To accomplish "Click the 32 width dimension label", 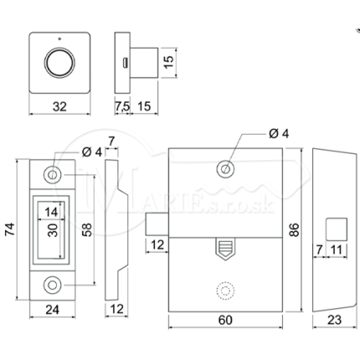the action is [x=59, y=106].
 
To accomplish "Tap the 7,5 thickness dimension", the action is [x=122, y=106].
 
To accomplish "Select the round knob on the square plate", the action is [x=59, y=63].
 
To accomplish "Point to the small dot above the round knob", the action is [x=59, y=39].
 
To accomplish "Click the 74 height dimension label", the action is [x=10, y=229].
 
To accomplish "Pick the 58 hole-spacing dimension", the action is [x=87, y=229].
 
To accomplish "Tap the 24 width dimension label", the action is [x=52, y=310].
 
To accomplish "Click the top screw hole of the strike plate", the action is [x=52, y=175].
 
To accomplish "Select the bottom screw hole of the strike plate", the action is [x=52, y=285].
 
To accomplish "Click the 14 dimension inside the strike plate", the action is [x=51, y=212].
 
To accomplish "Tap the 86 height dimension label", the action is [x=294, y=229].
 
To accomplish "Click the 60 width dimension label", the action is [x=225, y=320].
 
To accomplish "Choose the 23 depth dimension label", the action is [x=334, y=320].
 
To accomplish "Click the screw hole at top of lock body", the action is [x=225, y=169].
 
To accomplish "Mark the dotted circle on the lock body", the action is [x=225, y=291].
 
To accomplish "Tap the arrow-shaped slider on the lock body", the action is [x=225, y=249].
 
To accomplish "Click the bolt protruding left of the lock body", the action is [x=157, y=224].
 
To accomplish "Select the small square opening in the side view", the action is [x=337, y=229].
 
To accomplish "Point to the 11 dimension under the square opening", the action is [x=336, y=250].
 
